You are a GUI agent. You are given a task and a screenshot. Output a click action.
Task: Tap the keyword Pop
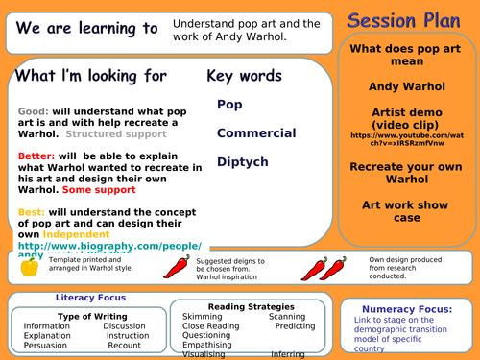coord(229,104)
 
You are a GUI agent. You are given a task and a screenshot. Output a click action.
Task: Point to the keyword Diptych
coord(242,162)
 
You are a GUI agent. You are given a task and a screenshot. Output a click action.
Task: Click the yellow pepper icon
coord(29,267)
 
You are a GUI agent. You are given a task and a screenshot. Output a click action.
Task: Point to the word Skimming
coord(204,316)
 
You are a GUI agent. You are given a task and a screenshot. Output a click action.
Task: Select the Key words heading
coord(244,76)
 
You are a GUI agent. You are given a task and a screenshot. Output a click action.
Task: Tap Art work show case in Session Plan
coord(411,211)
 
